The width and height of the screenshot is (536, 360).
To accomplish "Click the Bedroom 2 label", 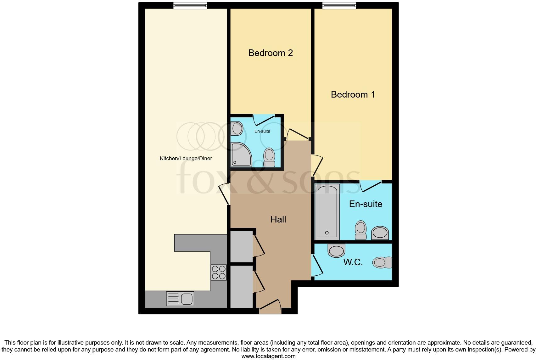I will pyautogui.click(x=271, y=53).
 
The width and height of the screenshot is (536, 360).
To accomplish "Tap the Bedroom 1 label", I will pyautogui.click(x=353, y=94).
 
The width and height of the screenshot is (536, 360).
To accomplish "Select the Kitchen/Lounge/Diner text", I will pyautogui.click(x=186, y=158).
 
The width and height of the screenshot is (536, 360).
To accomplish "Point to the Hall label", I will pyautogui.click(x=278, y=219).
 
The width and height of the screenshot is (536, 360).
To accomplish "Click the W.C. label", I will pyautogui.click(x=353, y=262).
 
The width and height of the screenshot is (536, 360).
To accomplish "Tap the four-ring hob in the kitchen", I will pyautogui.click(x=219, y=273).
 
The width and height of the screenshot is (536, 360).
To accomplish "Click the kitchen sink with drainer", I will pyautogui.click(x=180, y=299).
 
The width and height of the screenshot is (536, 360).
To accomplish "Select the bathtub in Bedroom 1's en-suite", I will pyautogui.click(x=327, y=212).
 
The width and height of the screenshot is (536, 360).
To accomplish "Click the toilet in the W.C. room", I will pyautogui.click(x=382, y=262).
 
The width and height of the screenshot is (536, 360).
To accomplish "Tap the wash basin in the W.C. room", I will pyautogui.click(x=336, y=250).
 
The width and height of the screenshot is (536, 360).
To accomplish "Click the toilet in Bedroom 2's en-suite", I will pyautogui.click(x=269, y=157).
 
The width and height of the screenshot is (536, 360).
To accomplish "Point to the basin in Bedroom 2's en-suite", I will pyautogui.click(x=237, y=128).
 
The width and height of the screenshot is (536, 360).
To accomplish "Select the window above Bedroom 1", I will pyautogui.click(x=339, y=5).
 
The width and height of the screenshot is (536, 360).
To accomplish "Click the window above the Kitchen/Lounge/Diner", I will pyautogui.click(x=190, y=5).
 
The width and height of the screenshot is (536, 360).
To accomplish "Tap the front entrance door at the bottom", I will pyautogui.click(x=270, y=307).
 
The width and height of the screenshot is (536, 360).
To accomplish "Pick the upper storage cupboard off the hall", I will pyautogui.click(x=242, y=247).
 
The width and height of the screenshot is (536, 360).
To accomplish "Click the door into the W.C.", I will pyautogui.click(x=317, y=265).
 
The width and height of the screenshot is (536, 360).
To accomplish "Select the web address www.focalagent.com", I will pyautogui.click(x=268, y=356).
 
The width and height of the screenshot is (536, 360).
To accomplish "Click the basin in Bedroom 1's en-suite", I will pyautogui.click(x=380, y=233).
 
